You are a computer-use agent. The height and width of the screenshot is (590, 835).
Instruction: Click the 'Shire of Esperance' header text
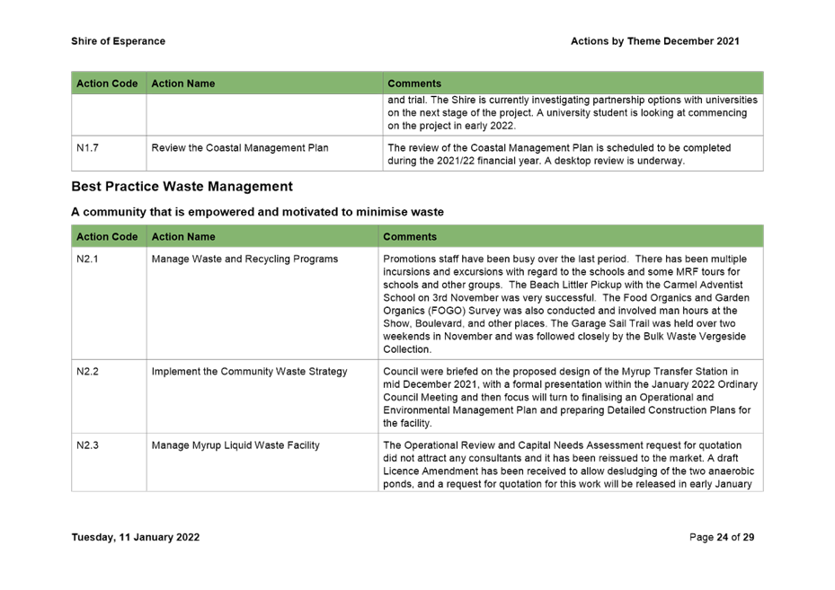pyautogui.click(x=118, y=41)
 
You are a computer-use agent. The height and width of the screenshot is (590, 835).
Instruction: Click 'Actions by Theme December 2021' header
pyautogui.click(x=654, y=41)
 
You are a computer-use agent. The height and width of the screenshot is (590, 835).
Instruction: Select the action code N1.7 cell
pyautogui.click(x=88, y=148)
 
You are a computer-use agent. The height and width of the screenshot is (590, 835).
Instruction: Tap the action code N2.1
pyautogui.click(x=88, y=260)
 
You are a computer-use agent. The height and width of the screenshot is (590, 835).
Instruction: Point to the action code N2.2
pyautogui.click(x=88, y=372)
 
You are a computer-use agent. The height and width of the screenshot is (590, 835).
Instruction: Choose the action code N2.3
pyautogui.click(x=88, y=445)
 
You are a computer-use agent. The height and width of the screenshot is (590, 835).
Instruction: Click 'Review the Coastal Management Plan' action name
pyautogui.click(x=240, y=148)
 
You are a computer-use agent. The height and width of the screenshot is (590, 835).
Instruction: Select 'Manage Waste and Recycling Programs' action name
pyautogui.click(x=244, y=260)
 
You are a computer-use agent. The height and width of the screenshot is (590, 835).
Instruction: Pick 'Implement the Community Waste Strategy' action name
pyautogui.click(x=249, y=372)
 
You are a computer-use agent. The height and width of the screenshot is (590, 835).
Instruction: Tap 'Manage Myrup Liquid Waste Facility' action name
pyautogui.click(x=235, y=445)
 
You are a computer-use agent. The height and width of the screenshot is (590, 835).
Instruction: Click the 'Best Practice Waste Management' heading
pyautogui.click(x=182, y=187)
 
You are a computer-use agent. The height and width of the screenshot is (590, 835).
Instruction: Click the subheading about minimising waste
pyautogui.click(x=257, y=212)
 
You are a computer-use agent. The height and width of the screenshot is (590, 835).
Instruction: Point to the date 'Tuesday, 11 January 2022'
pyautogui.click(x=135, y=538)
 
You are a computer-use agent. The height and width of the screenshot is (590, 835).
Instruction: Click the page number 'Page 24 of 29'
pyautogui.click(x=721, y=538)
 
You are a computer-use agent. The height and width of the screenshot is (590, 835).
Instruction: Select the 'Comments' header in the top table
pyautogui.click(x=414, y=84)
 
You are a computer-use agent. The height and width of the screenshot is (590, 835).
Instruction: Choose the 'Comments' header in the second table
pyautogui.click(x=410, y=237)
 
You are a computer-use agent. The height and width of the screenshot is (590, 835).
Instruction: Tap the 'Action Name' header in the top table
pyautogui.click(x=183, y=84)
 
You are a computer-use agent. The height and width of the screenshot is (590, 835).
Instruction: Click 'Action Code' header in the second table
pyautogui.click(x=107, y=237)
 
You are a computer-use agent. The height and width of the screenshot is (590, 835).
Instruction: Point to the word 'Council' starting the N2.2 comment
pyautogui.click(x=400, y=372)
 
